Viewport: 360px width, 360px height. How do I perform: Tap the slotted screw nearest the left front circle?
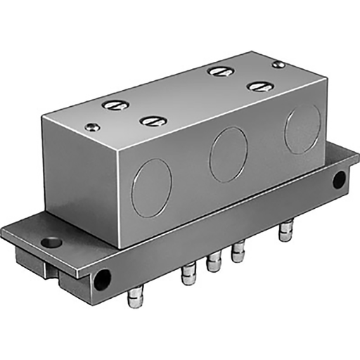(x=153, y=121)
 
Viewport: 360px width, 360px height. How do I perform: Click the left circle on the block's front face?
(x=151, y=188)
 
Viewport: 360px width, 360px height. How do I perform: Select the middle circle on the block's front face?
(x=229, y=154)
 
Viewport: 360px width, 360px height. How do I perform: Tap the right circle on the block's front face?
(x=302, y=129)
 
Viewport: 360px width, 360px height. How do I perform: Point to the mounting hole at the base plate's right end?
(x=339, y=179)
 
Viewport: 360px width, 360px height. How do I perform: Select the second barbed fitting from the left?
(x=188, y=274)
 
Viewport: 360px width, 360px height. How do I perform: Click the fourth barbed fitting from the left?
(x=238, y=250)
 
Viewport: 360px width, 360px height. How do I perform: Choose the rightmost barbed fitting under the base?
(x=285, y=231)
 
